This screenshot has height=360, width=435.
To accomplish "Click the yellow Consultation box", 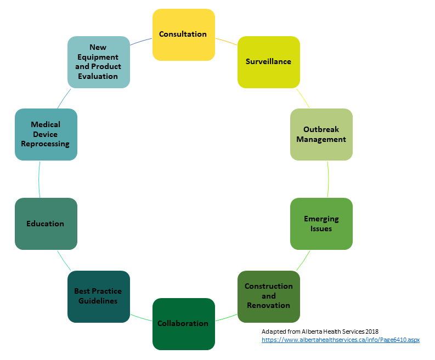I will coord(183,34).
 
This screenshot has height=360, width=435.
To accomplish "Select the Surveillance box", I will coord(268,61).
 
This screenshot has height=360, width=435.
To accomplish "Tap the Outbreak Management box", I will coord(321,134).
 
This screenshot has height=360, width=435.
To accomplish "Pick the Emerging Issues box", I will coord(321,224).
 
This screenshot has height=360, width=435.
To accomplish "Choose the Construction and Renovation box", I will coord(268,296).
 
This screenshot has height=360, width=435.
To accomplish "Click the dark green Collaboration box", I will coord(183,323).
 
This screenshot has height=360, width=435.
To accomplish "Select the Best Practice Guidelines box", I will coord(98,296).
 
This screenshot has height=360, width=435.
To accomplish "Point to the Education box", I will coord(46,224).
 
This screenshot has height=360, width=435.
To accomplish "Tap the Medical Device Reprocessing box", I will coord(46,134).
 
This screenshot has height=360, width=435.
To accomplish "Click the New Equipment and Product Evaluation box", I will coord(98,61).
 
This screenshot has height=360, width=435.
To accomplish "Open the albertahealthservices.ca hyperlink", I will coord(340,340).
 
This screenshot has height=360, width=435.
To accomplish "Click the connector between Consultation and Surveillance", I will coord(226,41).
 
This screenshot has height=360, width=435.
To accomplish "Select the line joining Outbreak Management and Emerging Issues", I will coord(328,179).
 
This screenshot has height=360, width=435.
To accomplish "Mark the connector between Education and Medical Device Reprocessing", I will coord(39,179).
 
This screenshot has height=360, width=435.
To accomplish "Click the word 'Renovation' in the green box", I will coord(268,305).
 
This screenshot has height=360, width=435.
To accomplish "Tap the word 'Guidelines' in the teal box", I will coord(98,301).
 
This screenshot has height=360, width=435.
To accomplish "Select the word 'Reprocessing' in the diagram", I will coord(46,144).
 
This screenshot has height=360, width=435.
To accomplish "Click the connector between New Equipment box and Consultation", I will coord(141,41).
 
